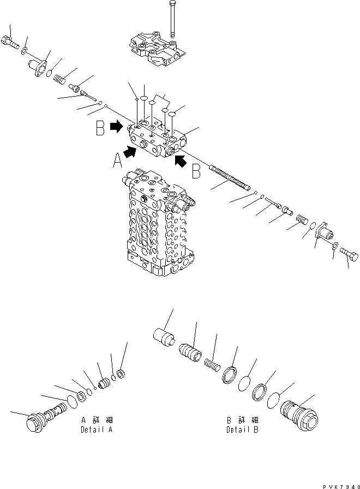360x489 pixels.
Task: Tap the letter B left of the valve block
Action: point(100,128)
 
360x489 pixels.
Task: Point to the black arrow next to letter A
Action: point(130,151)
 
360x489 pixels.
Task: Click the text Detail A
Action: point(97,430)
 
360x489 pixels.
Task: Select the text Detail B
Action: point(242,430)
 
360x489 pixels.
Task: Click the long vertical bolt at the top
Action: point(172,19)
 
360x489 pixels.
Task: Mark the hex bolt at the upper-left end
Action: point(11,41)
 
